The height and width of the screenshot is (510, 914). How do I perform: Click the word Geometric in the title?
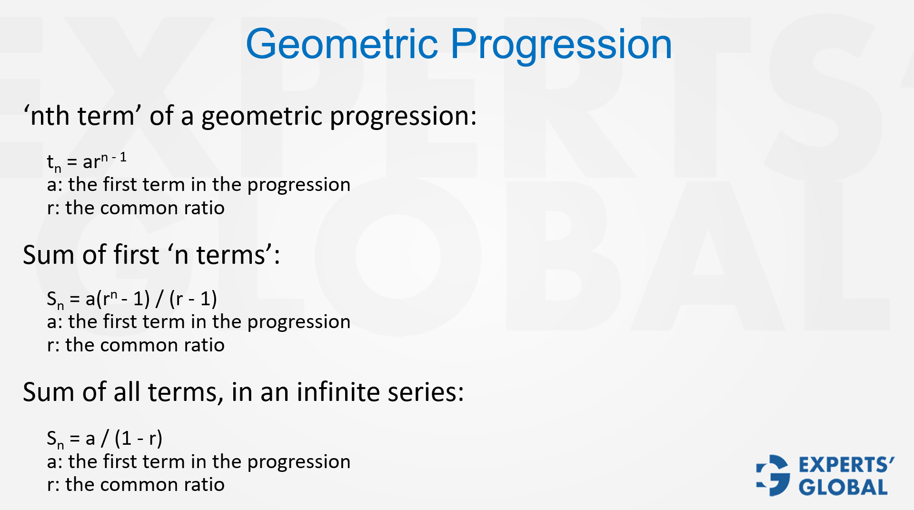pyautogui.click(x=341, y=44)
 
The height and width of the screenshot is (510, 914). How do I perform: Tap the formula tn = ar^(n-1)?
pyautogui.click(x=87, y=162)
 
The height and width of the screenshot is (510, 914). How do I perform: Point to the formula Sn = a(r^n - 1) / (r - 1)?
pyautogui.click(x=132, y=299)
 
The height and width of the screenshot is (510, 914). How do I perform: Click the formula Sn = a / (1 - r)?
pyautogui.click(x=105, y=438)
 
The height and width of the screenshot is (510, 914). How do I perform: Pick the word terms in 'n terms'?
pyautogui.click(x=230, y=255)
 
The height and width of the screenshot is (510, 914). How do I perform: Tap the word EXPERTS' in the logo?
pyautogui.click(x=846, y=465)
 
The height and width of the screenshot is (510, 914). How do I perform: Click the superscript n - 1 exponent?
pyautogui.click(x=114, y=158)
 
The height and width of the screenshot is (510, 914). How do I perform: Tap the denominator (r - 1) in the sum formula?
pyautogui.click(x=193, y=299)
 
